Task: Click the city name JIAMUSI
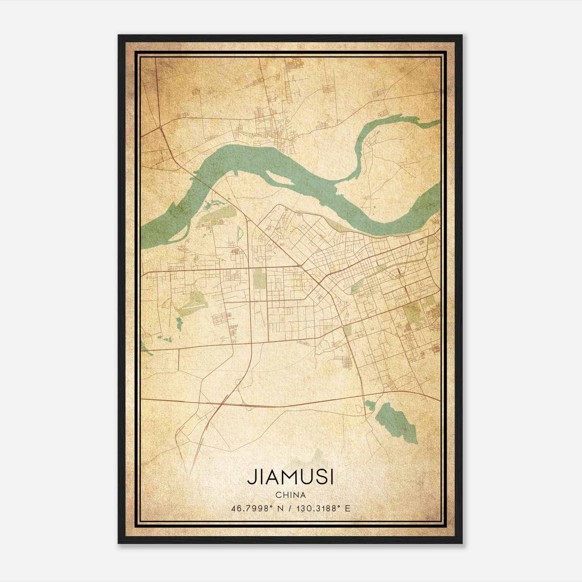tap(290, 478)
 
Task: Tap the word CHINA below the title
tap(290, 495)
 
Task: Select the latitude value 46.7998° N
tap(256, 509)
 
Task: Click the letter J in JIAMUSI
tap(250, 478)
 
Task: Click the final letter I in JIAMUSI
tap(331, 478)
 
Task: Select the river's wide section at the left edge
tap(153, 229)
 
